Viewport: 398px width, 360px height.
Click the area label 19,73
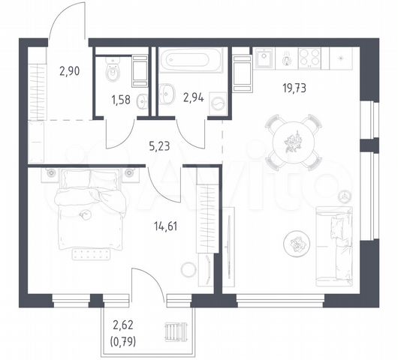[x=294, y=88]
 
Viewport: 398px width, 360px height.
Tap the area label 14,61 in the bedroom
[x=165, y=226]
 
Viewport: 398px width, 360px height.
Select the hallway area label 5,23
[x=159, y=146]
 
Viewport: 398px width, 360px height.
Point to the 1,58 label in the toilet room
[x=121, y=100]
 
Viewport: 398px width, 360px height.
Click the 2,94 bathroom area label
[x=194, y=97]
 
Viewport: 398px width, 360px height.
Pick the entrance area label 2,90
[x=70, y=71]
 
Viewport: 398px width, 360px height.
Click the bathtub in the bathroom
[x=191, y=60]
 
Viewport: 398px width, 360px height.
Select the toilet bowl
[x=113, y=68]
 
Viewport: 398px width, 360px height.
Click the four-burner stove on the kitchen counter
[x=309, y=58]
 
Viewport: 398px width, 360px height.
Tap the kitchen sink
[x=264, y=58]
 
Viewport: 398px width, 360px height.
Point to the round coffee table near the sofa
[x=296, y=243]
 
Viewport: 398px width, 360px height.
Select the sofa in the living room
[x=334, y=246]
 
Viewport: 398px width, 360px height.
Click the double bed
[x=91, y=209]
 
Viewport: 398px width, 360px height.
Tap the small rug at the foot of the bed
[x=92, y=254]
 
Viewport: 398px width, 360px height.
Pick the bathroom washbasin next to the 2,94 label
[x=167, y=94]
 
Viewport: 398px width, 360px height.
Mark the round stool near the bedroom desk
[x=188, y=270]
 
